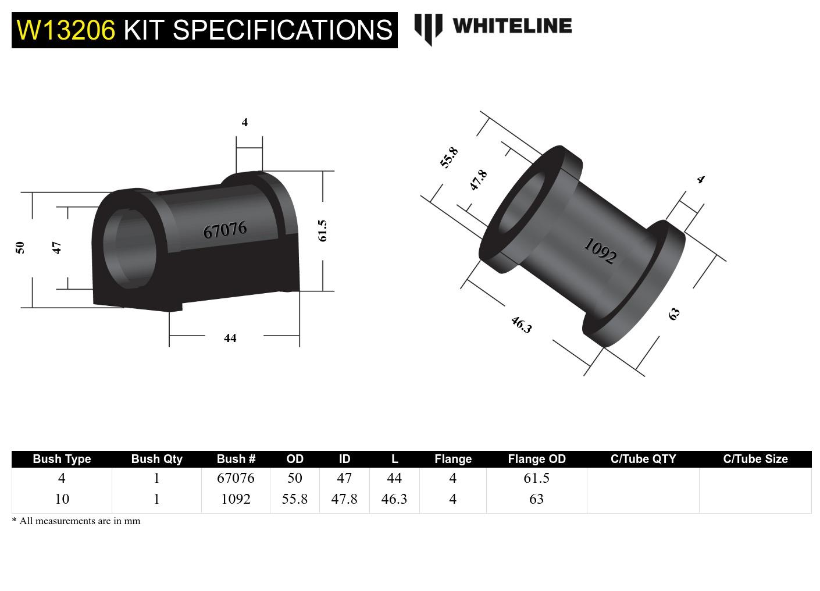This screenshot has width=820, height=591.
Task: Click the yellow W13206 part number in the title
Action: pyautogui.click(x=66, y=30)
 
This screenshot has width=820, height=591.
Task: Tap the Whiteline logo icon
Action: pyautogui.click(x=428, y=29)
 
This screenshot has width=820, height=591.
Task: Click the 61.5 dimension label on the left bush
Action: pyautogui.click(x=323, y=230)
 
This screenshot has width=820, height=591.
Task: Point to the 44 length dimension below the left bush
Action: pyautogui.click(x=230, y=338)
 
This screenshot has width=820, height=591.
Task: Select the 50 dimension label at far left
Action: pyautogui.click(x=20, y=247)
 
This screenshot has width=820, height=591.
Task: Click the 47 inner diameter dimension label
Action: pyautogui.click(x=57, y=247)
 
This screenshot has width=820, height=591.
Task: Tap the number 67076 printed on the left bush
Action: pyautogui.click(x=225, y=230)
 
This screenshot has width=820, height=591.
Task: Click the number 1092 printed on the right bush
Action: pyautogui.click(x=600, y=251)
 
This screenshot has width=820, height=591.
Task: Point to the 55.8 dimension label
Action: pyautogui.click(x=449, y=158)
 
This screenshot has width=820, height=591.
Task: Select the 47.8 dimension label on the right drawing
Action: pyautogui.click(x=478, y=180)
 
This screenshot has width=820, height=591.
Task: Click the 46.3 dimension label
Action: pyautogui.click(x=521, y=325)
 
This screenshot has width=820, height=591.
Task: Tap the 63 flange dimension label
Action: pyautogui.click(x=674, y=314)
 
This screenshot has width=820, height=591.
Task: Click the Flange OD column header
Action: pyautogui.click(x=536, y=459)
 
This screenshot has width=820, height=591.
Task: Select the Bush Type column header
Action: pyautogui.click(x=62, y=459)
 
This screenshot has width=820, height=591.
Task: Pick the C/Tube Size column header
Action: pyautogui.click(x=755, y=459)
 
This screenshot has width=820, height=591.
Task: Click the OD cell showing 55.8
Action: pyautogui.click(x=294, y=499)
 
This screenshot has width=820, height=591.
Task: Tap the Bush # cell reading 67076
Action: pyautogui.click(x=236, y=478)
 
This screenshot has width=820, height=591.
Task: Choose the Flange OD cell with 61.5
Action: pyautogui.click(x=536, y=478)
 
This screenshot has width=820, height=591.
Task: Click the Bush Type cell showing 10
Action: pyautogui.click(x=62, y=499)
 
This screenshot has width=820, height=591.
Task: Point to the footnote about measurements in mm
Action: pyautogui.click(x=76, y=521)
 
